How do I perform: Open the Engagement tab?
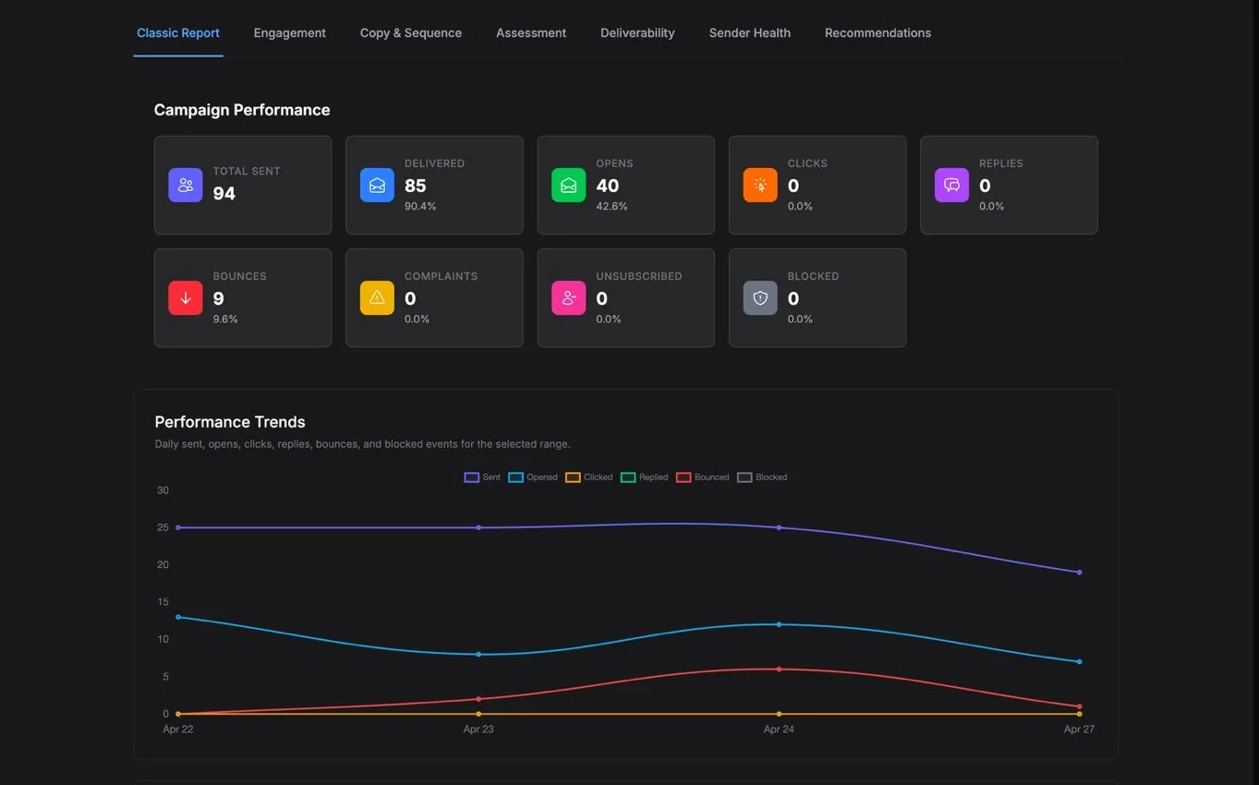[x=289, y=33]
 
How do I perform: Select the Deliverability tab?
[x=637, y=33]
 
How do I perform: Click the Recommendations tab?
[x=878, y=33]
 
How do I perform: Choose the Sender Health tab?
[x=749, y=33]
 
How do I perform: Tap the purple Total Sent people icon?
[x=186, y=185]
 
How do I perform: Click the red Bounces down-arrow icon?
[x=186, y=297]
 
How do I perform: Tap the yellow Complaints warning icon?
[x=377, y=297]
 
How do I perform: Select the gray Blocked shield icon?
[x=760, y=297]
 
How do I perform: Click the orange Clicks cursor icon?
[x=760, y=185]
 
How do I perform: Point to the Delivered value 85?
[x=416, y=186]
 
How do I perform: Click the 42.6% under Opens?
[x=611, y=206]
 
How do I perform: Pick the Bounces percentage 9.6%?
[x=224, y=320]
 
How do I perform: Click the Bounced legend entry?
[x=703, y=477]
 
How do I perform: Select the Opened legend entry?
[x=533, y=477]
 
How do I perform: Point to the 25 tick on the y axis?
[x=163, y=527]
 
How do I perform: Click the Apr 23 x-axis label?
[x=478, y=729]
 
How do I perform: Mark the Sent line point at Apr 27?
[x=1079, y=572]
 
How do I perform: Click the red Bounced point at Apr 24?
[x=779, y=670]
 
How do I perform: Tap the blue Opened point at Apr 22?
[x=178, y=617]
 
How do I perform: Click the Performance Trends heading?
[x=230, y=422]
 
